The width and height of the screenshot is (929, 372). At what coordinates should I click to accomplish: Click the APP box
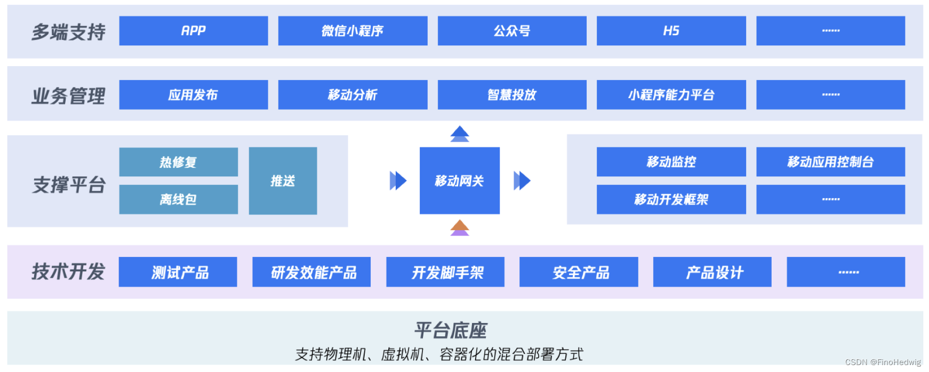pos(193,31)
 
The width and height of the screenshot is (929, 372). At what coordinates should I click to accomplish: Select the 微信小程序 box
pos(353,31)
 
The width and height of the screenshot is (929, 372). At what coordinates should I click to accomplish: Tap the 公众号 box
pos(512,31)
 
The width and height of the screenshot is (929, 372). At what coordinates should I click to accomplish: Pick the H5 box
pos(671,31)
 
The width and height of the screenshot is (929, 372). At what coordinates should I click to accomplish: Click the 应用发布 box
pos(193,95)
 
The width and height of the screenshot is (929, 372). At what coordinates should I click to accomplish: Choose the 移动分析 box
pos(353,95)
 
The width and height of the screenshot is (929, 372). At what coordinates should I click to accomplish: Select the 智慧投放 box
pos(512,95)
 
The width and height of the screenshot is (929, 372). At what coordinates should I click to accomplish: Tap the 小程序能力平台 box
pos(671,95)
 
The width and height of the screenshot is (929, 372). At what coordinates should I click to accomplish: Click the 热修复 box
pos(178,162)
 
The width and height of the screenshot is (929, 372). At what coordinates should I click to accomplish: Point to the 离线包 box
pos(178,199)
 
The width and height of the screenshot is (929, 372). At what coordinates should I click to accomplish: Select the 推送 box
pos(283,181)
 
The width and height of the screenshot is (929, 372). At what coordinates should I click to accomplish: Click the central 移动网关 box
pos(459,181)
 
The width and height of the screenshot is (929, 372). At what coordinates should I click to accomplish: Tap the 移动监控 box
pos(671,162)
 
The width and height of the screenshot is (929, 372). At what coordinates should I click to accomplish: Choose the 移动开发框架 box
pos(671,199)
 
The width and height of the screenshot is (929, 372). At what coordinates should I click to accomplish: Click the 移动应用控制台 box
pos(830,162)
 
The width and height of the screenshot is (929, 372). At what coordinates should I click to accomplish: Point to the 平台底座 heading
pos(451,330)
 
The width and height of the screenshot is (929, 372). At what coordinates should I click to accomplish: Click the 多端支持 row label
pos(68,32)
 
